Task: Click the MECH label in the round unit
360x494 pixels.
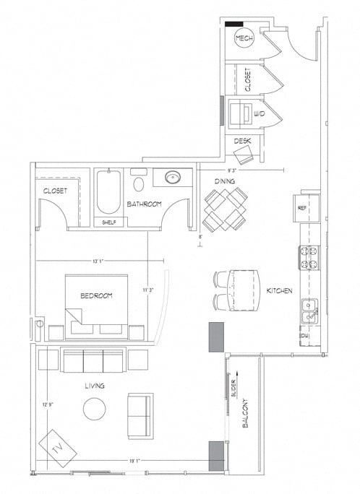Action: (244, 40)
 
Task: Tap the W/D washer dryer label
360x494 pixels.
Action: (247, 113)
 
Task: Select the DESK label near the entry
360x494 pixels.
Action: (242, 141)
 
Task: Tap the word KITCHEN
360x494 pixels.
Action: (279, 290)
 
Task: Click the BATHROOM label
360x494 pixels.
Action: (144, 204)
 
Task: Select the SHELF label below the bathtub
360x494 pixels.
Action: (109, 222)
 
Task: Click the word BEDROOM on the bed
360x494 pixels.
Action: (96, 296)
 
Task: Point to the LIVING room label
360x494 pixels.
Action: (94, 386)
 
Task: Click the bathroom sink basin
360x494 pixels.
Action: (173, 177)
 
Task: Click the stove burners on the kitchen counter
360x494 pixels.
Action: (309, 255)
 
